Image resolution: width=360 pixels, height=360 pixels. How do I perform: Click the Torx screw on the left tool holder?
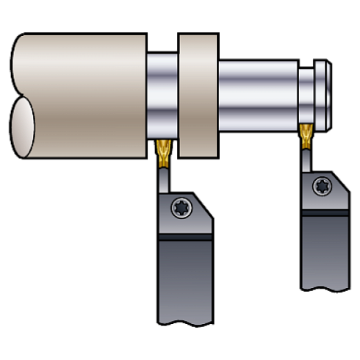click(180, 208)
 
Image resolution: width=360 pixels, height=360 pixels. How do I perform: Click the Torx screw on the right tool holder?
click(322, 187)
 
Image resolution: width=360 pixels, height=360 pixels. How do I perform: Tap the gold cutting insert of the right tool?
click(305, 134)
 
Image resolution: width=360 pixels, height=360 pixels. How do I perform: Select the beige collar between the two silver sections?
click(198, 96)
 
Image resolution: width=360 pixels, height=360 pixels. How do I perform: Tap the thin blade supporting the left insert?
click(162, 176)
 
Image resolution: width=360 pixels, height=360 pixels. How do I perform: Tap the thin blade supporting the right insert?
click(305, 158)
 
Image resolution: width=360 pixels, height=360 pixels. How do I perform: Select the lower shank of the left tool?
click(184, 283)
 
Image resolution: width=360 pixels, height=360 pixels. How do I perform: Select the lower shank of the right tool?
click(325, 253)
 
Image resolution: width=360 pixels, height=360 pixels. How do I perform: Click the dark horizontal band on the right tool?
click(325, 215)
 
